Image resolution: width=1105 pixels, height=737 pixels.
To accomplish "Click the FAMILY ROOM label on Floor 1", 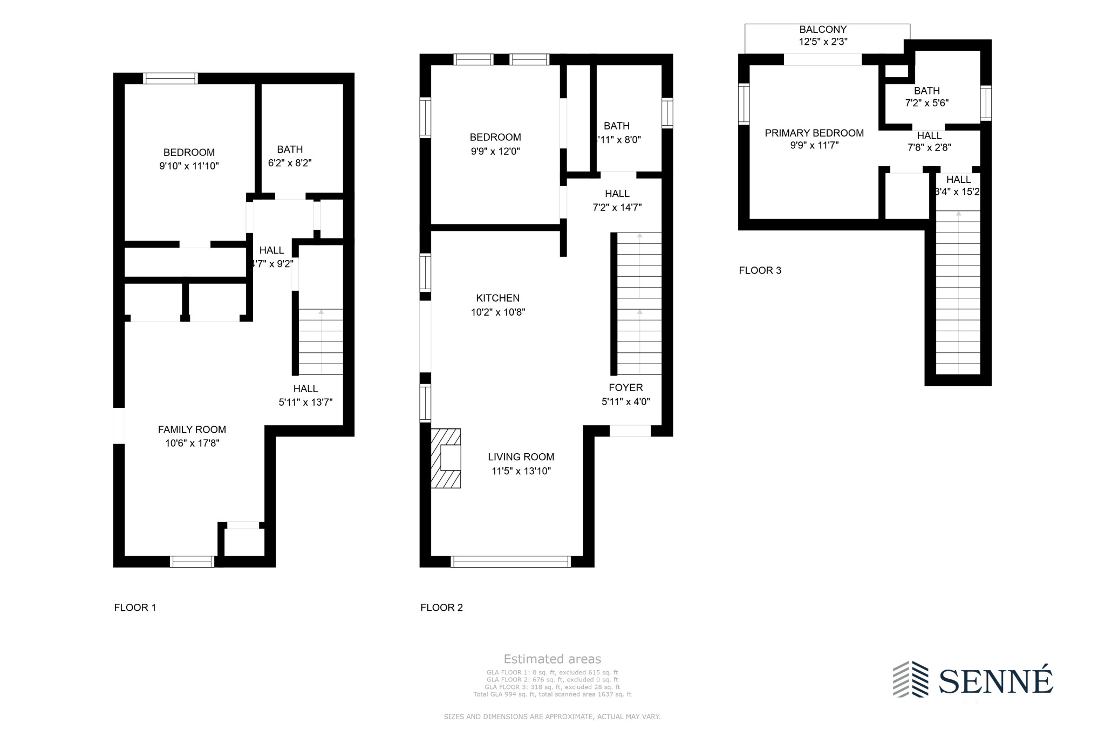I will click(x=192, y=429).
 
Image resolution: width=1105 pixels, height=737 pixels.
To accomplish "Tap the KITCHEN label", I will click(x=497, y=298).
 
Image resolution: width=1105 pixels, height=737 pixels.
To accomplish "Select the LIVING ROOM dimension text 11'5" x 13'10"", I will click(x=521, y=471).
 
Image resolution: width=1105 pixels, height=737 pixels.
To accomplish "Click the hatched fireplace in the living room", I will click(x=446, y=458).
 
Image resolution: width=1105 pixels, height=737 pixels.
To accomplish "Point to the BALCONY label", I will click(x=822, y=30).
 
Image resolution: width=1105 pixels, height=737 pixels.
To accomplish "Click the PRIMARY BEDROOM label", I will click(x=814, y=133).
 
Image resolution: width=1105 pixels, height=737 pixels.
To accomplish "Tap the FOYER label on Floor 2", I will click(x=625, y=387).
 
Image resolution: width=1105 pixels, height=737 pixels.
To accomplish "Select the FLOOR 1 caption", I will click(x=135, y=608).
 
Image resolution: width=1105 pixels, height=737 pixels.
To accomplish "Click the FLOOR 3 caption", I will click(x=760, y=270).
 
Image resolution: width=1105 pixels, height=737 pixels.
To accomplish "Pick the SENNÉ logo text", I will click(x=995, y=681).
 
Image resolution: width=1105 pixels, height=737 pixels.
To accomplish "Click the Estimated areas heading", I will click(x=552, y=659).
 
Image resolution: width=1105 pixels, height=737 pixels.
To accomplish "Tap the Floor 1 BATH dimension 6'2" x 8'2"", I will click(x=290, y=163).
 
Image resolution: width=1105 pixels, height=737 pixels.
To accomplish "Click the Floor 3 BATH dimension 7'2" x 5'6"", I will click(x=926, y=103).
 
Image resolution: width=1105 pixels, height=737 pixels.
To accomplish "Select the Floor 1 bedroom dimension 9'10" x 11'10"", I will click(x=189, y=166).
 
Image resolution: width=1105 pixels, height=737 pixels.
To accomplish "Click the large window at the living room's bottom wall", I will click(x=510, y=562).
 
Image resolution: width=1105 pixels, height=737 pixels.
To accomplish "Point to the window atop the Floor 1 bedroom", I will click(x=170, y=78).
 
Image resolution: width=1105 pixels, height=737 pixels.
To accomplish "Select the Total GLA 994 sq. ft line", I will click(x=552, y=694).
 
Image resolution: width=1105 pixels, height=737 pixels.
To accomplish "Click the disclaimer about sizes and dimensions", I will click(x=552, y=716).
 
